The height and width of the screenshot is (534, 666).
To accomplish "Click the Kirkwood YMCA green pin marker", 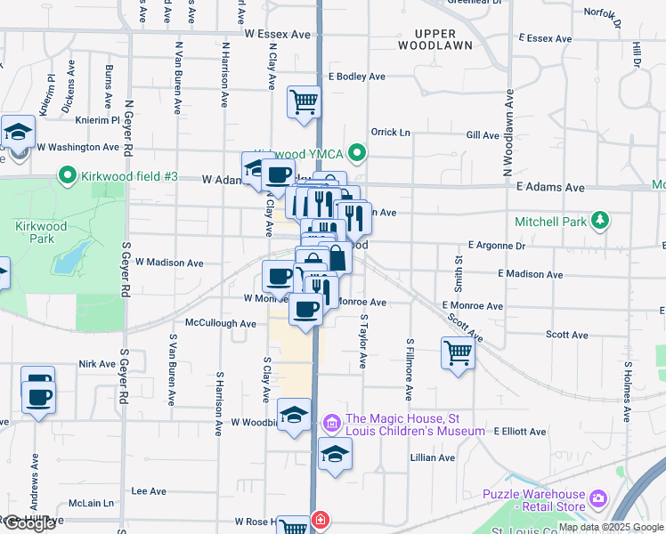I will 358,154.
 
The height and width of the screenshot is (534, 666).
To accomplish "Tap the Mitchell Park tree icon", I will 601,220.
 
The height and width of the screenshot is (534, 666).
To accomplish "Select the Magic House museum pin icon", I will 332,420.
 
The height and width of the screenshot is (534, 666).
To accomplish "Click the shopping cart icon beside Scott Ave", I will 458,352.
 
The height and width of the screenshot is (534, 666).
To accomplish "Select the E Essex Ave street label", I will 549,38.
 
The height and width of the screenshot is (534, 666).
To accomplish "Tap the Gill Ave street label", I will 483,134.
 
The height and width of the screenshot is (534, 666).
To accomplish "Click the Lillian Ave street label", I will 432,457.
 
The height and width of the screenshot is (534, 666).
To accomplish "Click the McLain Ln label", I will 96,503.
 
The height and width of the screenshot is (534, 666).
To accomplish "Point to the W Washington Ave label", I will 79,147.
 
